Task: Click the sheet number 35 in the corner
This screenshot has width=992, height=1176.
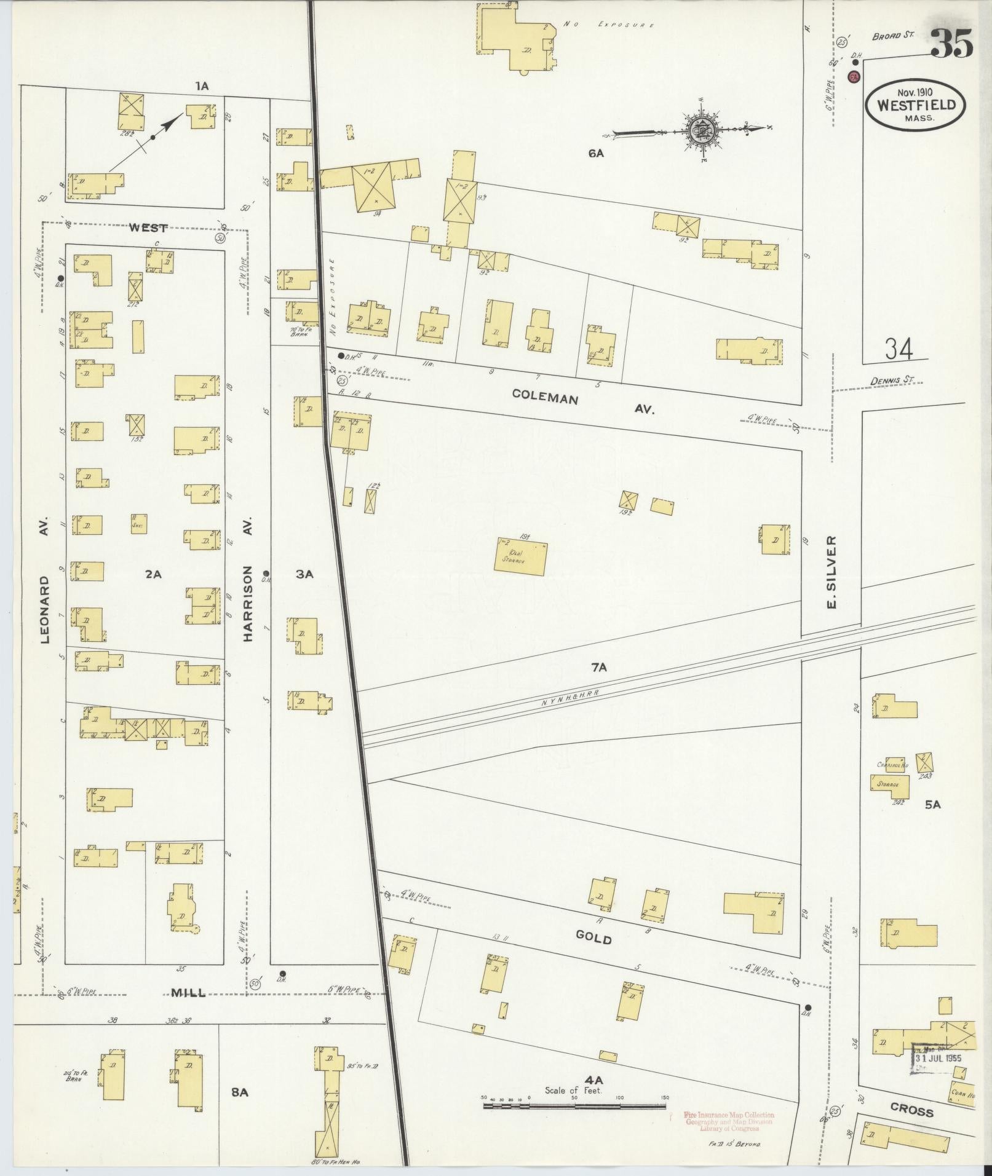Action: [951, 43]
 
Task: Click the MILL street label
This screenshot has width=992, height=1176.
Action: [189, 992]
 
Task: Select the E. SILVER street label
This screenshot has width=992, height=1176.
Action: [832, 572]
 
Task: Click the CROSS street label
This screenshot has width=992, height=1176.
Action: [912, 1111]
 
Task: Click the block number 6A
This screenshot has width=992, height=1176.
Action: [595, 154]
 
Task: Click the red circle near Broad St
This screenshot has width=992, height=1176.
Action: [854, 77]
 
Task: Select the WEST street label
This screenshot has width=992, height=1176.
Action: [148, 228]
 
